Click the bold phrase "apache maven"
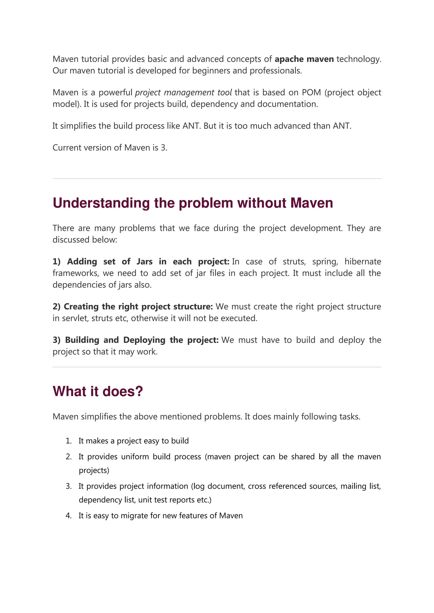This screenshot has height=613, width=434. (x=304, y=59)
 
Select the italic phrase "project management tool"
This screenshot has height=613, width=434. (x=183, y=92)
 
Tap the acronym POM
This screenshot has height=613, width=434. (x=311, y=92)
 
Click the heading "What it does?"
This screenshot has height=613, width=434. (x=98, y=391)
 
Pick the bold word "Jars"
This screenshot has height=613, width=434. (x=144, y=262)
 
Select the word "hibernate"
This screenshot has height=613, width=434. (x=363, y=262)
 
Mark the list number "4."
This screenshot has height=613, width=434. (x=69, y=516)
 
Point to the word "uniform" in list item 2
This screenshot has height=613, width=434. (x=135, y=457)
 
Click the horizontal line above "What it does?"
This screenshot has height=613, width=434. (x=217, y=367)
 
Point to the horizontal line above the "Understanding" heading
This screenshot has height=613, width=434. (x=217, y=179)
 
